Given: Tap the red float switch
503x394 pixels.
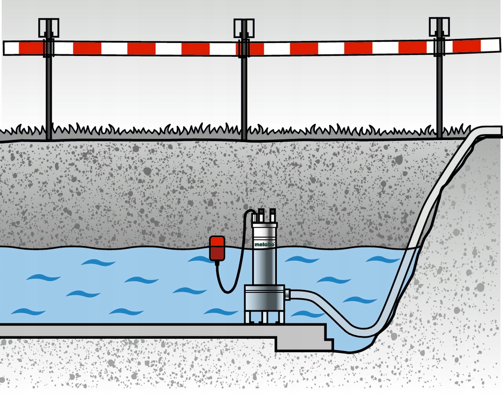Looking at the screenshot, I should tap(217, 248).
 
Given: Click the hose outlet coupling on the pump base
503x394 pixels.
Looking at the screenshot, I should tap(287, 295).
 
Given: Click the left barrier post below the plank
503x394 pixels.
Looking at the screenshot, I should tap(49, 94).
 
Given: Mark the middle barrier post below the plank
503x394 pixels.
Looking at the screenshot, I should tap(243, 94).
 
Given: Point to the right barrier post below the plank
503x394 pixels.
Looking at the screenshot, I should tap(439, 94).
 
